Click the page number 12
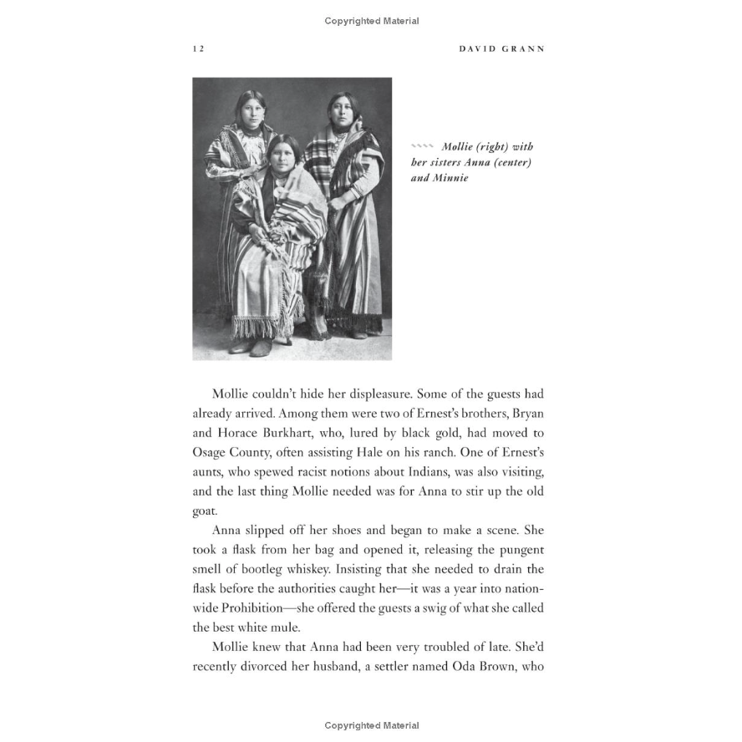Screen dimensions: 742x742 click(198, 49)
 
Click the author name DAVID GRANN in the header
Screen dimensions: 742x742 click(501, 49)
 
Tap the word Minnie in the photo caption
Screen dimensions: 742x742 click(451, 179)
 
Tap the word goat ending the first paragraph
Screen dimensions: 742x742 click(205, 511)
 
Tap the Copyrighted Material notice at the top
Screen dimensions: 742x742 click(371, 21)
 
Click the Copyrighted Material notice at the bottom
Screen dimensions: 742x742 click(371, 726)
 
